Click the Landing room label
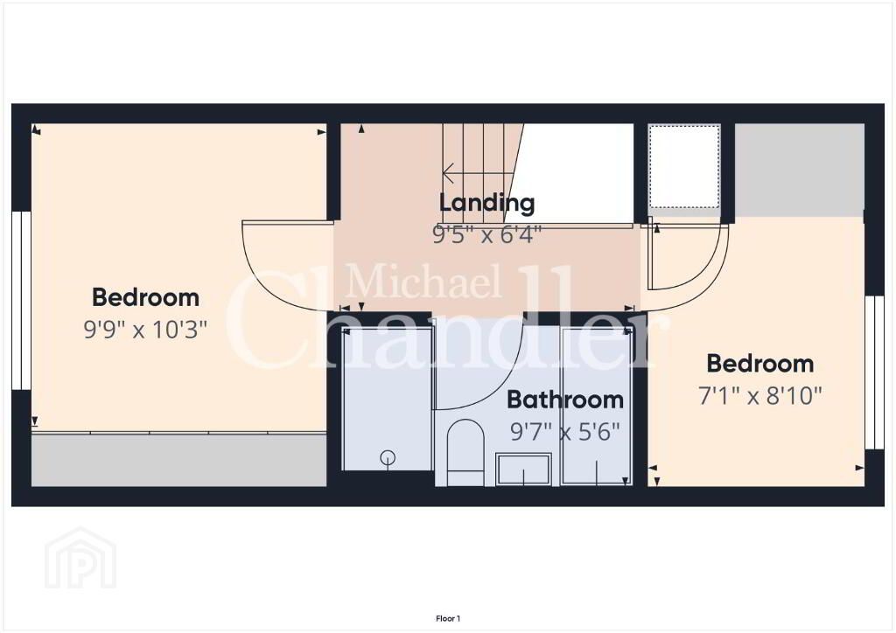(x=486, y=203)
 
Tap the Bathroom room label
(x=564, y=400)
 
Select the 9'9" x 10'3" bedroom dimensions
(x=145, y=329)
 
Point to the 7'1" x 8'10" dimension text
(x=759, y=395)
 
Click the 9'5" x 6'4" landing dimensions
(x=486, y=234)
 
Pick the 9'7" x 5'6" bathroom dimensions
(x=564, y=432)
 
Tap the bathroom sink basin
(x=523, y=470)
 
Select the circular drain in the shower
(x=388, y=457)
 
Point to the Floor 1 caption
(x=448, y=618)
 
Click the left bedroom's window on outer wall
(x=21, y=301)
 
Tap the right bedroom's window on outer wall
(x=874, y=372)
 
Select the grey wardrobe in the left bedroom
(x=178, y=460)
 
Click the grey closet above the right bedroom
(x=799, y=170)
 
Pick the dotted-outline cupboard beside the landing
(x=684, y=167)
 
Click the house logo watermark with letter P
(x=80, y=558)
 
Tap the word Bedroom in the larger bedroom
(x=145, y=297)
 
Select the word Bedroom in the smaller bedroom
(x=760, y=364)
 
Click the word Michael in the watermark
(x=423, y=282)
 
